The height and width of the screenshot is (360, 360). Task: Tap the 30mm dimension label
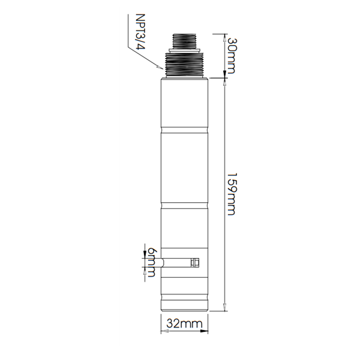[231, 56]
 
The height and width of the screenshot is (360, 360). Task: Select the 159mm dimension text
[231, 194]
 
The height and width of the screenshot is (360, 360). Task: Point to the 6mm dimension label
[151, 262]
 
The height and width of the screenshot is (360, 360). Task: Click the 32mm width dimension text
[185, 323]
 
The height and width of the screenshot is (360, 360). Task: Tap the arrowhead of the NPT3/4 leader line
[160, 67]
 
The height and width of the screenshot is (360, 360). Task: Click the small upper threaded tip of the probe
[184, 41]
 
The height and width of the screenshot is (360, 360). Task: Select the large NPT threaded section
[184, 65]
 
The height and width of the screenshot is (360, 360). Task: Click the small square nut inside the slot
[195, 262]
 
